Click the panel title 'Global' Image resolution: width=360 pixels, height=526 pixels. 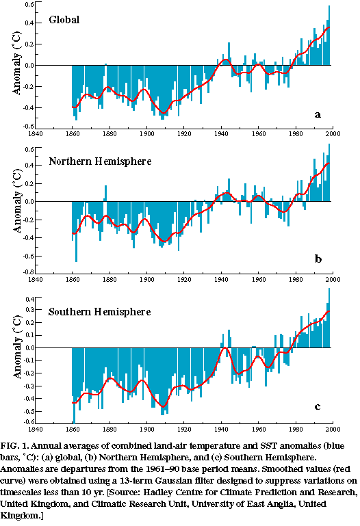pyautogui.click(x=64, y=20)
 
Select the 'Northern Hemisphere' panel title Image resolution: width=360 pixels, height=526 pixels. pyautogui.click(x=100, y=161)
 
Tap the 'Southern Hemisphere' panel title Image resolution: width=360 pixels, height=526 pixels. pyautogui.click(x=100, y=312)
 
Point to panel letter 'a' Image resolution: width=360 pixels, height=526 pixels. pyautogui.click(x=318, y=115)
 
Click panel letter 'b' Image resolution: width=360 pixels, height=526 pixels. pyautogui.click(x=318, y=259)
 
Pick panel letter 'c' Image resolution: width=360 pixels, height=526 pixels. pyautogui.click(x=318, y=407)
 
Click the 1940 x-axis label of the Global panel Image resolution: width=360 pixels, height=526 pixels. pyautogui.click(x=221, y=134)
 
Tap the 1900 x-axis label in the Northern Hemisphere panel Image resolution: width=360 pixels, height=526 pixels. pyautogui.click(x=146, y=280)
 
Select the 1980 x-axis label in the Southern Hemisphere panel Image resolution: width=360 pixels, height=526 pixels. pyautogui.click(x=296, y=429)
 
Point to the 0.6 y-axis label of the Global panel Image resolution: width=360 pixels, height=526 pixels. pyautogui.click(x=29, y=4)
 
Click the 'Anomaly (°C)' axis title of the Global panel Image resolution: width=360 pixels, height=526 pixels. pyautogui.click(x=16, y=63)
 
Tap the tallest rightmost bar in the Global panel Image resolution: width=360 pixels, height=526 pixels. pyautogui.click(x=329, y=35)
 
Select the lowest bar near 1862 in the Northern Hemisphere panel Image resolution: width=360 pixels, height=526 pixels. pyautogui.click(x=76, y=231)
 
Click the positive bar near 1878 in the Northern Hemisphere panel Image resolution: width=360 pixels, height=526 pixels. pyautogui.click(x=105, y=194)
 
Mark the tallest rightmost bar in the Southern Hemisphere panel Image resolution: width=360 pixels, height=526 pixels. pyautogui.click(x=329, y=317)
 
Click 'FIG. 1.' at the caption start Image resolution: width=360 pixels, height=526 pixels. pyautogui.click(x=15, y=446)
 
